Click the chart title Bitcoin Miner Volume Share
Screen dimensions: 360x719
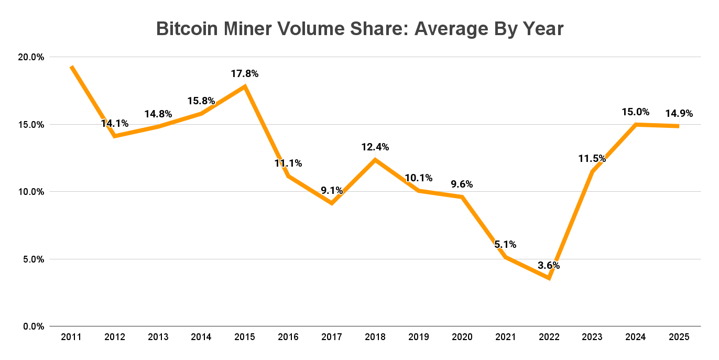coord(359,29)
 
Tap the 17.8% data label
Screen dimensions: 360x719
coord(245,74)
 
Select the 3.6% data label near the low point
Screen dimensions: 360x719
coord(549,265)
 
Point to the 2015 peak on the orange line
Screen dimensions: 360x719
coord(245,86)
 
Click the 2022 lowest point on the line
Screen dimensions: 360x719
coord(549,278)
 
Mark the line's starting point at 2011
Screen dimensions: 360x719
coord(71,67)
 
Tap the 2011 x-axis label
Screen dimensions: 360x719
coord(71,337)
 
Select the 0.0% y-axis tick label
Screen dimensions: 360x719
coord(34,326)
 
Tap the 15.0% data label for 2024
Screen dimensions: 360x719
coord(636,112)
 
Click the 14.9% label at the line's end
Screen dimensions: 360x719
coord(679,114)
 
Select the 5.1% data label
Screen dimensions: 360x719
coord(505,244)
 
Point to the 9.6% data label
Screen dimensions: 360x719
coord(462,184)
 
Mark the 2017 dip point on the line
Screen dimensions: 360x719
coord(332,203)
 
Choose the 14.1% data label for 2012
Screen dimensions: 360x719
coord(115,124)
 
